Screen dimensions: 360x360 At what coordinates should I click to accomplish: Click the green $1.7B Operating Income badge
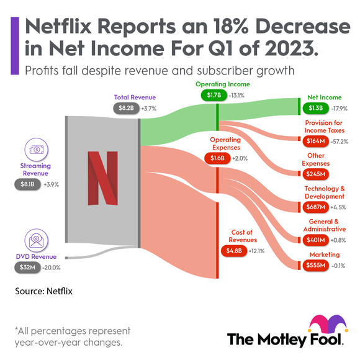[x=210, y=96]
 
